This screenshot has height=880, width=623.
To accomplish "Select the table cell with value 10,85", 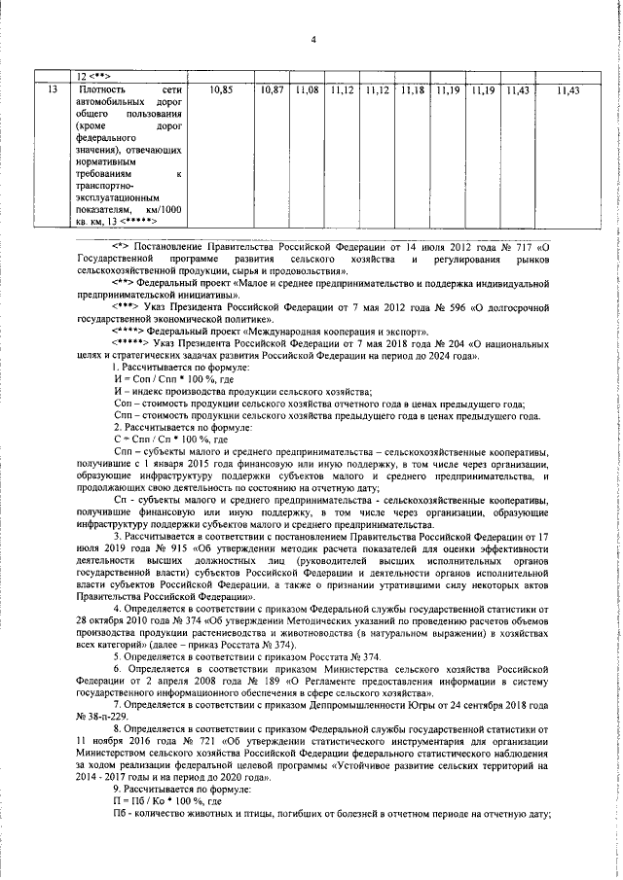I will click(x=221, y=90).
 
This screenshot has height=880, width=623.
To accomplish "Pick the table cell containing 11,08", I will click(x=307, y=90).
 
